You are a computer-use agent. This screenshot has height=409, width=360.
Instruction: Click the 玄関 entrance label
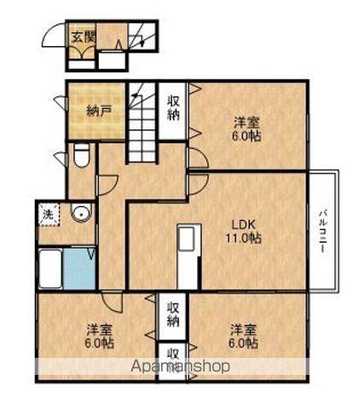[83, 37]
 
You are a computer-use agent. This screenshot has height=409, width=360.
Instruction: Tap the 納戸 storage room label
[99, 110]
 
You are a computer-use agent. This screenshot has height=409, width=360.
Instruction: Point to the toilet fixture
[81, 157]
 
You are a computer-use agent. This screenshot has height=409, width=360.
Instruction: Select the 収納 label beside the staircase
[174, 109]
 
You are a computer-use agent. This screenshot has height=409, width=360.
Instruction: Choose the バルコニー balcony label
[324, 227]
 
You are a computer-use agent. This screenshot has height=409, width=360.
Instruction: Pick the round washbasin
[80, 213]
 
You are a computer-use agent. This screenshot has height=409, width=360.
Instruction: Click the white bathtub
[50, 270]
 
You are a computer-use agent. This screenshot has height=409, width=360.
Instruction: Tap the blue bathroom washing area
[81, 270]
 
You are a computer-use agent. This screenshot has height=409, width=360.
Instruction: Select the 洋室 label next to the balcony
[247, 122]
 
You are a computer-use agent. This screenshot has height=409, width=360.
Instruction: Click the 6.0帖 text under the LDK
[242, 343]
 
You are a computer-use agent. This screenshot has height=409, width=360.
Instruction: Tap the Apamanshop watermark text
[178, 367]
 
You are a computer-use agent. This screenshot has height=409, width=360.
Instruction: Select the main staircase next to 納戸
[144, 124]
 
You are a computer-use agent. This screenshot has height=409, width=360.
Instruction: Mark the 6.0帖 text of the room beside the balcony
[247, 136]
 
